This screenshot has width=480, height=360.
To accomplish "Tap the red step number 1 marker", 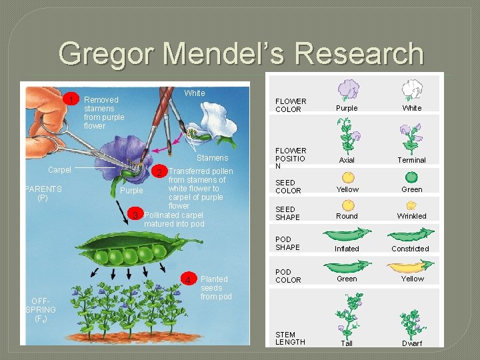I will (x=73, y=100).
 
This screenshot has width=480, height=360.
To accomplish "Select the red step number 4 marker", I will (x=189, y=279).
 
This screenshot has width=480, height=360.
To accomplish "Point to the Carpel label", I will (x=59, y=170).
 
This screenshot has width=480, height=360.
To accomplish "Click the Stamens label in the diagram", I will (x=212, y=158).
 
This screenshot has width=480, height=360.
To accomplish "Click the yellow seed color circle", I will (x=347, y=177).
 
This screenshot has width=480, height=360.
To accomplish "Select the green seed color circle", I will (x=411, y=177).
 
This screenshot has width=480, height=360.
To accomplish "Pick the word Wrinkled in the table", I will (x=412, y=216).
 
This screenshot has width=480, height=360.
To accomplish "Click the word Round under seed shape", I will (x=347, y=216).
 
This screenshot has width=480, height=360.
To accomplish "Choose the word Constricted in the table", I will (x=411, y=249).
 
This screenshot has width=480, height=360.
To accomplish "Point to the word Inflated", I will (x=347, y=249).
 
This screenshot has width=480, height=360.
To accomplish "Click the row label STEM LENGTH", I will (x=290, y=338).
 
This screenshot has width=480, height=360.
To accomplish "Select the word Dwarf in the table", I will (x=412, y=343).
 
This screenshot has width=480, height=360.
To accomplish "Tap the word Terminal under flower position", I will (x=412, y=160).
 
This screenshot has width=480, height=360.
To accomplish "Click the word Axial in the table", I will (x=347, y=160).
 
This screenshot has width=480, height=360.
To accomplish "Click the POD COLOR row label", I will (x=288, y=276).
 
